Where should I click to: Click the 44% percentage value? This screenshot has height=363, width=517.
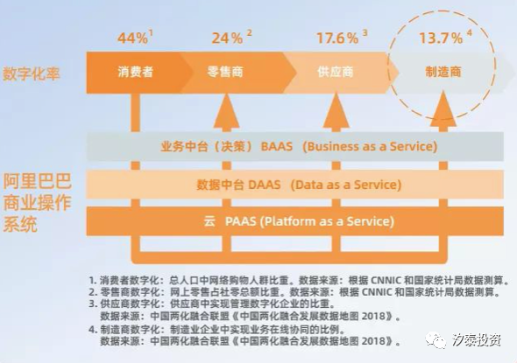click(132, 38)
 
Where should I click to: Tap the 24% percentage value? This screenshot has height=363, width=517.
click(227, 38)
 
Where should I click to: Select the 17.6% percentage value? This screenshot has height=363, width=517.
click(337, 38)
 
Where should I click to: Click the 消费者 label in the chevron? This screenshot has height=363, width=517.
click(136, 72)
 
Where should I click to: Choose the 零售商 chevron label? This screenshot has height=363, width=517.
click(225, 72)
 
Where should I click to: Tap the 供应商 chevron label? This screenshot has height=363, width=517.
click(336, 72)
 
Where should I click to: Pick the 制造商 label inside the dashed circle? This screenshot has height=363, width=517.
click(443, 72)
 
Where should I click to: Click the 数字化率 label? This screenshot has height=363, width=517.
click(32, 73)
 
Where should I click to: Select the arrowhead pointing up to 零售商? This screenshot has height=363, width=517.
click(226, 111)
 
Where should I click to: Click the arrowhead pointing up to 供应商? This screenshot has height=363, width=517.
click(336, 111)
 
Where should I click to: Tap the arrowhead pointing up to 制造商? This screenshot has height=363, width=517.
click(443, 109)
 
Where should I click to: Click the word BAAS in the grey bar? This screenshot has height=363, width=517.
click(277, 146)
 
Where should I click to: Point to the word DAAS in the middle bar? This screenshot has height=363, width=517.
click(264, 185)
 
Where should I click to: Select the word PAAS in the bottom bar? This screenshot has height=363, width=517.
click(241, 221)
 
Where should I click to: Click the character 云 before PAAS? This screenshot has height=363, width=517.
click(209, 221)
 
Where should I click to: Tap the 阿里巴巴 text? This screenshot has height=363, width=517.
click(38, 181)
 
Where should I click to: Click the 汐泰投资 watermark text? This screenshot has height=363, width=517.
click(477, 340)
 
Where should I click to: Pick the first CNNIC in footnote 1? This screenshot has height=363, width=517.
click(386, 281)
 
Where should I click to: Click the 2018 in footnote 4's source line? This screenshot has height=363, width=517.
click(373, 341)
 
